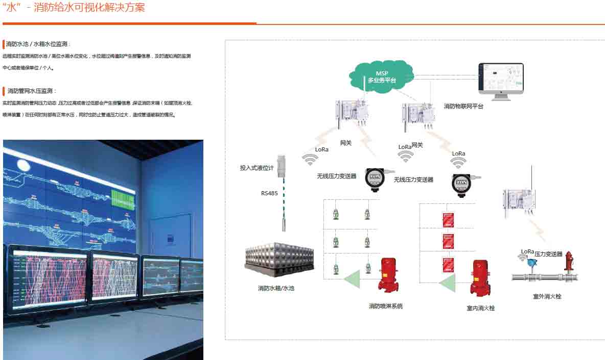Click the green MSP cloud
(x=381, y=76)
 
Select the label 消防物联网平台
(x=463, y=107)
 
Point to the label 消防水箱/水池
(x=276, y=288)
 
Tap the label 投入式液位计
(x=257, y=167)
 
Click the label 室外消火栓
(x=547, y=296)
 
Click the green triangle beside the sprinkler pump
(x=352, y=278)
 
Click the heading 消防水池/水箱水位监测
(x=38, y=44)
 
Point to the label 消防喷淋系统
(x=386, y=306)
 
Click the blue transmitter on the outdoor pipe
(x=531, y=265)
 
